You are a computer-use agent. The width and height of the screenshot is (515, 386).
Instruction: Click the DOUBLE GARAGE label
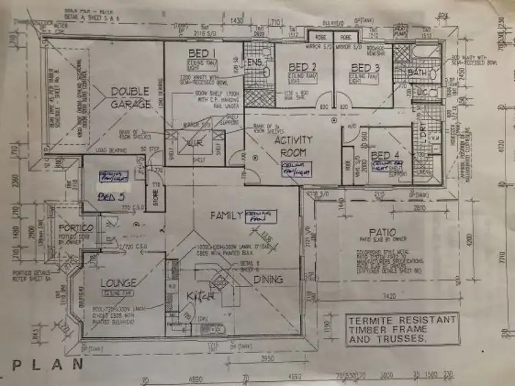pos(131,98)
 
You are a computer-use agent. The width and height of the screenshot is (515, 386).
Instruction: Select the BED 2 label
pos(302,67)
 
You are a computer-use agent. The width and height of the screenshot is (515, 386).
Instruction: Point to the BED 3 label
pos(365,67)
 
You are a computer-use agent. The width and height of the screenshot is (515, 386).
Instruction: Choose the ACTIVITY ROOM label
pos(295,145)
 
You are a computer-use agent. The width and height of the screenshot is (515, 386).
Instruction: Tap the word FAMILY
pos(227,216)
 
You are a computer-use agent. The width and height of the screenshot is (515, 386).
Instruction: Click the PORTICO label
pos(77,228)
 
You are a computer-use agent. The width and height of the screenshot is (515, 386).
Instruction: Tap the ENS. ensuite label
pos(255,62)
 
